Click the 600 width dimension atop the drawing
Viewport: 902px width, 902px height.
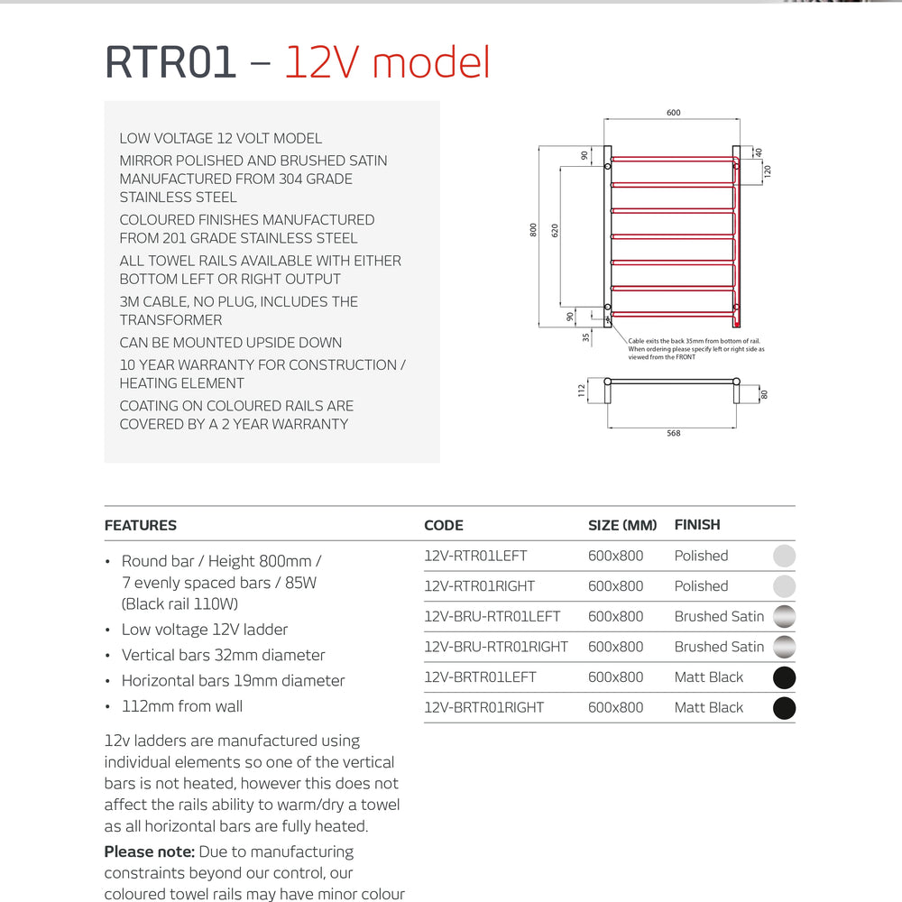674,113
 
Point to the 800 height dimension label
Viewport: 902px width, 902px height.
533,230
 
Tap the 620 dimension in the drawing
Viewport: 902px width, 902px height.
555,230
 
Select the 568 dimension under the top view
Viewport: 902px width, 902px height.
674,434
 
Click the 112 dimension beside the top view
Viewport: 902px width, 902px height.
582,390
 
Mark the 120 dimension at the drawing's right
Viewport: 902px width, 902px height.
768,170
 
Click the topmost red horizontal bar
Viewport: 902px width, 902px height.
672,161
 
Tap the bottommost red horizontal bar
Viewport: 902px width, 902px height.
672,314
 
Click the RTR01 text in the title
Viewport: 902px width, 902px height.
170,63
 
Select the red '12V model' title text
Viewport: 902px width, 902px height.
388,63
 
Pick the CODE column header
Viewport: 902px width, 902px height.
444,525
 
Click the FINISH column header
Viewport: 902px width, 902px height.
697,525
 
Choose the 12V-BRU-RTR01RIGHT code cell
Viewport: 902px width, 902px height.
496,647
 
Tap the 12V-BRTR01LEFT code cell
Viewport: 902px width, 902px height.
480,677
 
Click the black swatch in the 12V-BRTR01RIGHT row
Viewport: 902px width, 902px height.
785,708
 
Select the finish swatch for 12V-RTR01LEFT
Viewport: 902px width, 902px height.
785,556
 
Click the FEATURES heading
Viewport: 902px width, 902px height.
141,525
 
